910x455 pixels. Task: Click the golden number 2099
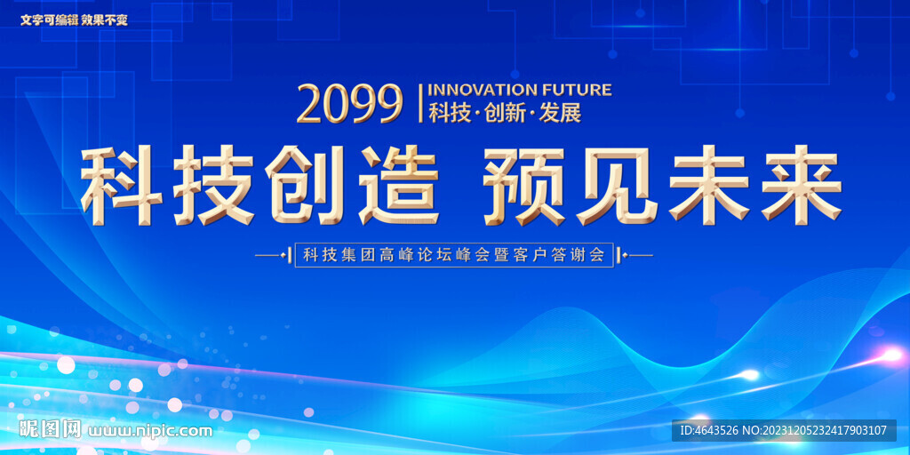pos(350,104)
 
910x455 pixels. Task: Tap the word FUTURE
pos(576,90)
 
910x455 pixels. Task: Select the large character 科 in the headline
pos(122,185)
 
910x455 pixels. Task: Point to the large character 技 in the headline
pos(213,185)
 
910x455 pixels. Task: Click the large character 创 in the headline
pos(307,185)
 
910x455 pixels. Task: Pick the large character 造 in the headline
pos(399,185)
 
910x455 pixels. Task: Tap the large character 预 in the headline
pos(524,185)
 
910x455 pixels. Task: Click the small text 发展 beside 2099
pos(560,113)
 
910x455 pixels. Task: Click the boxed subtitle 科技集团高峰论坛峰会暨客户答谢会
pos(454,255)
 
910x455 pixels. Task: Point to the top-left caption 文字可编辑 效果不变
pos(74,20)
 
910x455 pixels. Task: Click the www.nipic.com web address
pos(150,431)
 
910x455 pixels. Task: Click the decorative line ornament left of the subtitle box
pos(273,255)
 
